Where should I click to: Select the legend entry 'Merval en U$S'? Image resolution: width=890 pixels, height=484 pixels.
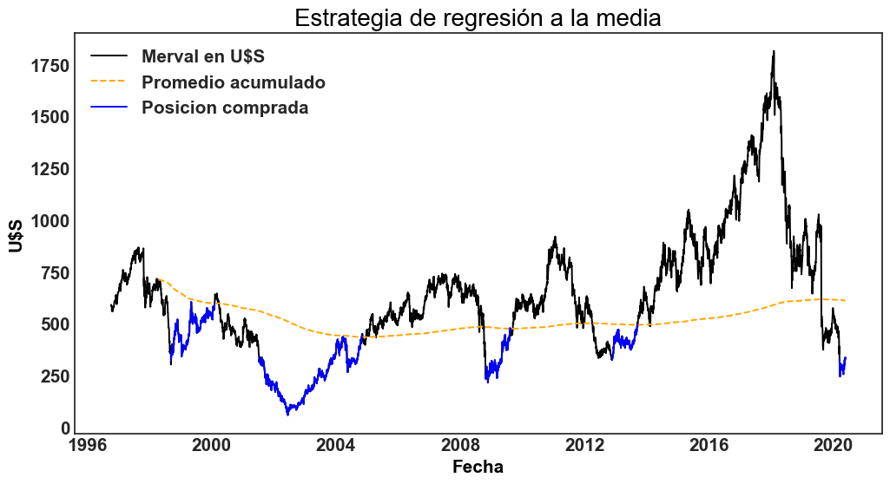[x=202, y=57]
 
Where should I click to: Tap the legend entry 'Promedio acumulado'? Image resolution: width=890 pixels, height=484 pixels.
[x=233, y=82]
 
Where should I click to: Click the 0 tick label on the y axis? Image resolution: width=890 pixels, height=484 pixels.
[x=65, y=428]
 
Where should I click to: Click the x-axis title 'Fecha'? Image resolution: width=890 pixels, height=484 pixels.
[x=478, y=467]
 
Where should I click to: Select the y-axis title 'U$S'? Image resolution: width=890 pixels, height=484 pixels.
[x=16, y=235]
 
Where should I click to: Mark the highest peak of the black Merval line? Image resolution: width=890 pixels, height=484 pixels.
[x=773, y=51]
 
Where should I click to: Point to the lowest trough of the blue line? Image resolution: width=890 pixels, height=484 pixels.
[x=287, y=415]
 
